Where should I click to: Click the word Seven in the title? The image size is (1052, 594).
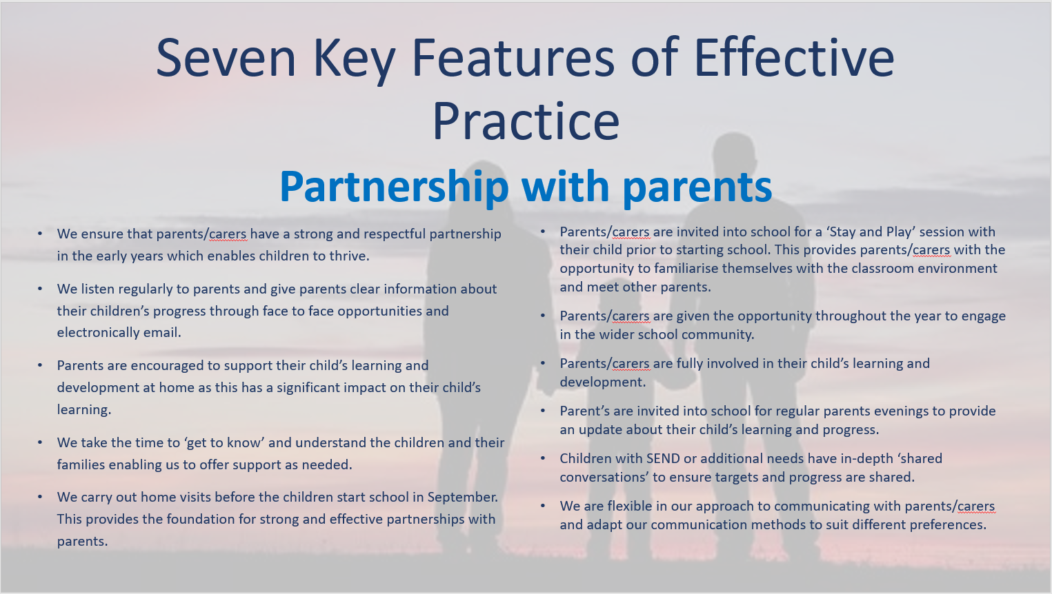pyautogui.click(x=226, y=58)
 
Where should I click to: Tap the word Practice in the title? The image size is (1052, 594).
pyautogui.click(x=526, y=121)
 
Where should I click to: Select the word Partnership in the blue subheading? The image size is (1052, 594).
pyautogui.click(x=394, y=187)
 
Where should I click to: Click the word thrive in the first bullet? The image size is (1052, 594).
pyautogui.click(x=349, y=256)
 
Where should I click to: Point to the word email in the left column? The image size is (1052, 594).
pyautogui.click(x=162, y=332)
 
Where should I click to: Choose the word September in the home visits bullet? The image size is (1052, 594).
pyautogui.click(x=463, y=498)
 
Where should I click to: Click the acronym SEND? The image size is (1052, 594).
pyautogui.click(x=663, y=458)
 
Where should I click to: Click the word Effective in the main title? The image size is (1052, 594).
pyautogui.click(x=794, y=58)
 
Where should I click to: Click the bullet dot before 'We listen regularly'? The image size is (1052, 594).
pyautogui.click(x=41, y=289)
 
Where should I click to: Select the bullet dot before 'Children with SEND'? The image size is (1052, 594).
pyautogui.click(x=544, y=458)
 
